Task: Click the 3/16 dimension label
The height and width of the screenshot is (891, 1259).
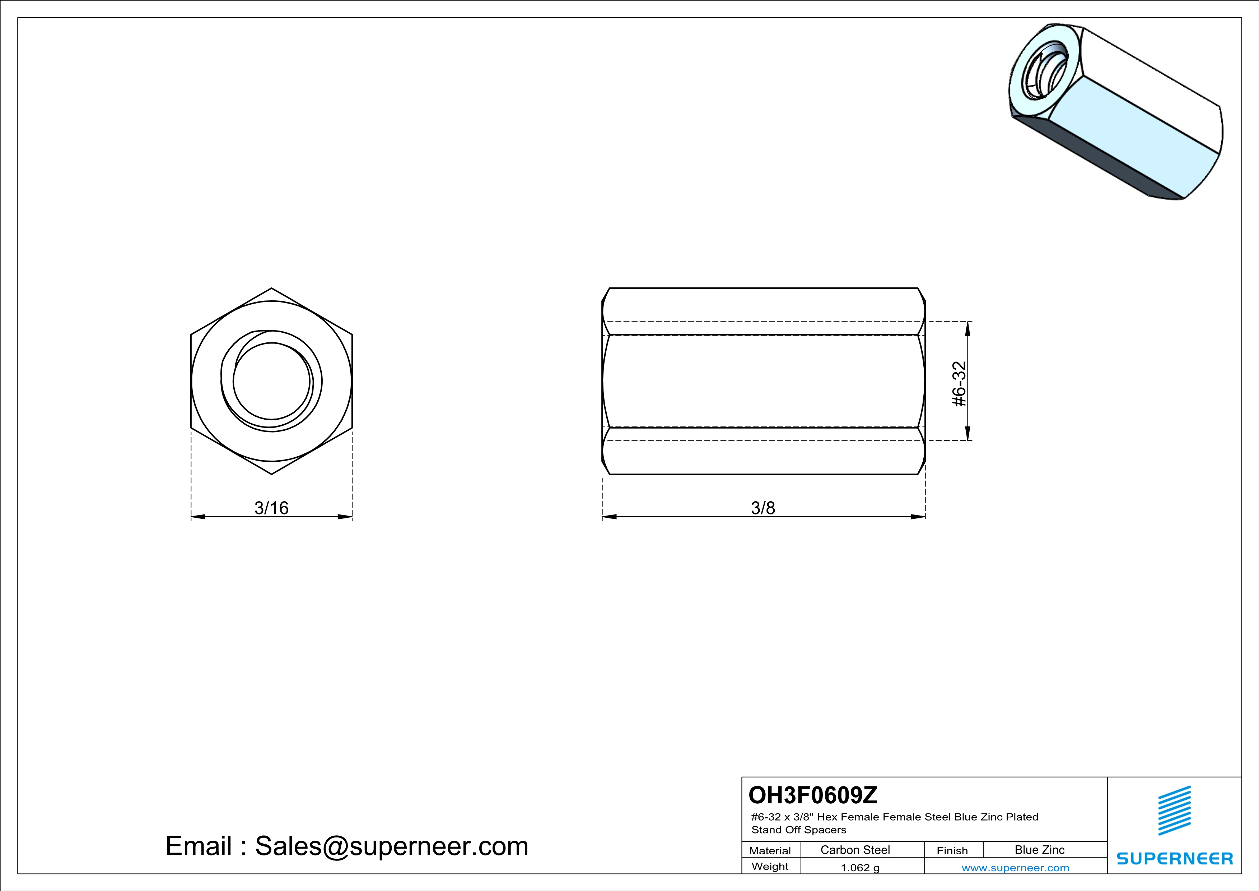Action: point(271,508)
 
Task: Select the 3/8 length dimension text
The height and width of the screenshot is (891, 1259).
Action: point(763,508)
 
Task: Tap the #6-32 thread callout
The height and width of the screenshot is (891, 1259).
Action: point(959,384)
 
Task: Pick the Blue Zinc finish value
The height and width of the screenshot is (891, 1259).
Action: point(1040,850)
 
